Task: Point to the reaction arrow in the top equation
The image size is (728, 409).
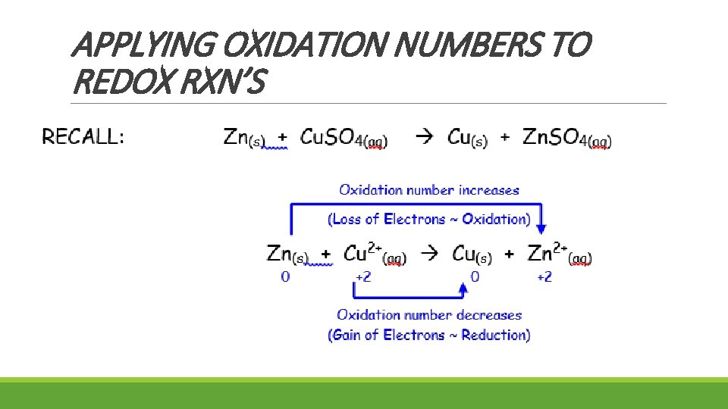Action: [425, 138]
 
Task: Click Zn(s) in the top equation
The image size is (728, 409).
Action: [243, 138]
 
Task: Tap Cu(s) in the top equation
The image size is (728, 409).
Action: [467, 138]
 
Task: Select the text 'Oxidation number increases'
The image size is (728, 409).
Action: [429, 189]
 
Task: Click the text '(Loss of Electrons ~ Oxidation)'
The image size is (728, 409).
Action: [429, 220]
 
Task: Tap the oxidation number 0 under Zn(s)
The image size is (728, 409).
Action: [285, 277]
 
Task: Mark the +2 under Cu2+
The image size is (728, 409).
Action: [362, 277]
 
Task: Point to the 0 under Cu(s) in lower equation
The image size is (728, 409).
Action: [475, 277]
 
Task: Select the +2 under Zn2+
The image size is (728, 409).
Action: [544, 277]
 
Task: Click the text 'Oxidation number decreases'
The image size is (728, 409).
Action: [429, 314]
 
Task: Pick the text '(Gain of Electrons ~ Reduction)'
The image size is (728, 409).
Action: [429, 335]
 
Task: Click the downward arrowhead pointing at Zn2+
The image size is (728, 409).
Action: [541, 228]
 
